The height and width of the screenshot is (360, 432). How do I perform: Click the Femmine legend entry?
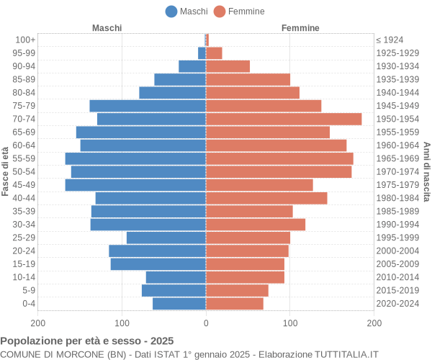[x=239, y=11]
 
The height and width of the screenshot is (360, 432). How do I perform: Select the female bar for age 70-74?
[x=284, y=119]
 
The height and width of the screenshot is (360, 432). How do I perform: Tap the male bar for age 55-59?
[x=135, y=158]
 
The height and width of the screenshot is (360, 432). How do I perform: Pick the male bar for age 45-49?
[x=135, y=185]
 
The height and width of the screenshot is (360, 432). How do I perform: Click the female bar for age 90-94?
[x=228, y=66]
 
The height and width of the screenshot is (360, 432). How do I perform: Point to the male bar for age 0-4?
[x=179, y=304]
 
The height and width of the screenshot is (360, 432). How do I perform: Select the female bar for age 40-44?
[x=266, y=198]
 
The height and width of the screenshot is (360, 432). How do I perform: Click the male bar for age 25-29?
[x=166, y=238]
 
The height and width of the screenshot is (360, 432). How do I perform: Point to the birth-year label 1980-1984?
[x=397, y=198]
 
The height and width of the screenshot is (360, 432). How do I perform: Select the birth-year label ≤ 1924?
[x=390, y=40]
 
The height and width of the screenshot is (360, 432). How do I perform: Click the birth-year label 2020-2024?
[x=397, y=304]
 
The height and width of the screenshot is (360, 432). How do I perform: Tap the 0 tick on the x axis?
[x=206, y=324]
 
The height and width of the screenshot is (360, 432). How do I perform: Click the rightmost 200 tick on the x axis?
[x=374, y=324]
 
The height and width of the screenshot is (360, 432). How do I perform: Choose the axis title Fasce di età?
[x=6, y=171]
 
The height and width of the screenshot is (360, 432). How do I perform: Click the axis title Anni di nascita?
[x=426, y=171]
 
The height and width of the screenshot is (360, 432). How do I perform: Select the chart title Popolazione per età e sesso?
[x=86, y=341]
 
